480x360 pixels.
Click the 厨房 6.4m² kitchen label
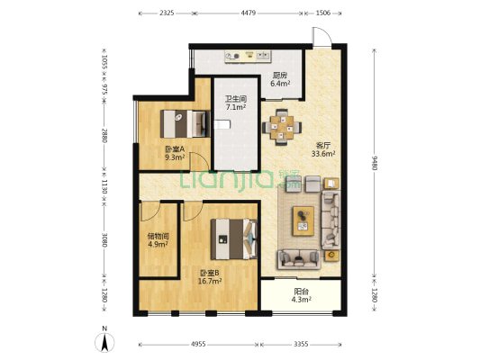(280, 79)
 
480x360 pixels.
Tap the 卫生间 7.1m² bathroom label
(236, 103)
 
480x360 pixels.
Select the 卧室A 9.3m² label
(175, 153)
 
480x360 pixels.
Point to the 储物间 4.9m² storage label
(158, 240)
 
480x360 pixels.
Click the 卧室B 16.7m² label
(210, 277)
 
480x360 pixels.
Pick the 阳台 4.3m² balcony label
(301, 296)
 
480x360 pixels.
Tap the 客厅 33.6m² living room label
(323, 149)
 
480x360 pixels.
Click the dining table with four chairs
(282, 127)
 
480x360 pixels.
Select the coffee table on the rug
(303, 220)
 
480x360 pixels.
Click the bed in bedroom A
(186, 124)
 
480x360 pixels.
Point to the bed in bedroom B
(234, 238)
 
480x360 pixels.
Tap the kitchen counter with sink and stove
(248, 57)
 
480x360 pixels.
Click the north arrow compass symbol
(104, 340)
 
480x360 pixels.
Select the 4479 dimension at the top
(249, 13)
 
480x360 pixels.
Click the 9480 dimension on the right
(374, 163)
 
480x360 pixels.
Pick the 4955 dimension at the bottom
(198, 345)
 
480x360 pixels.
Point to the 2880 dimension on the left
(104, 136)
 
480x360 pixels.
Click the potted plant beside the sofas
(331, 255)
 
